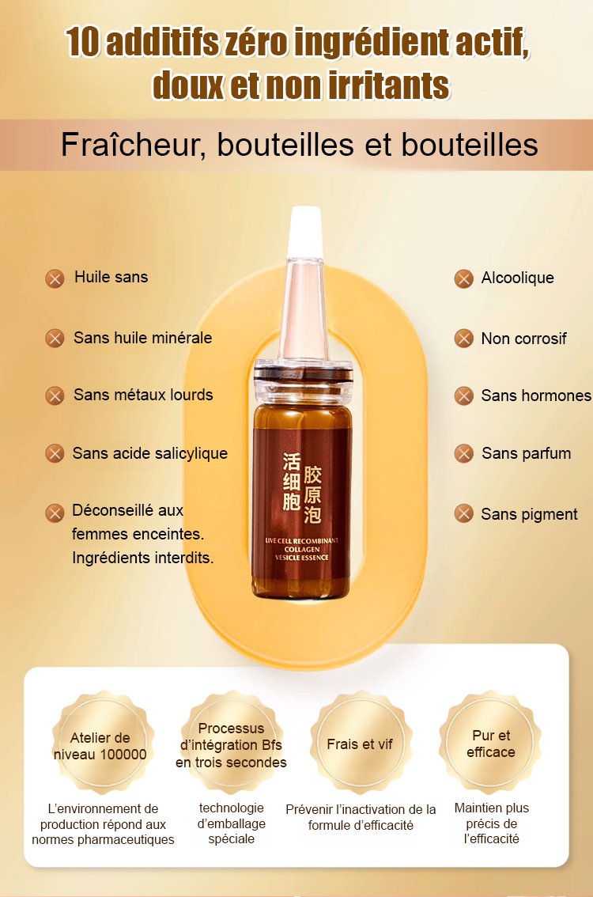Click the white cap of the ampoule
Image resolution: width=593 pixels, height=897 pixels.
coord(305,232)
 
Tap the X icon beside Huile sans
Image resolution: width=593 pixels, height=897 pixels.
coord(55,279)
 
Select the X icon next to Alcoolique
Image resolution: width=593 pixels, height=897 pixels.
coord(464,279)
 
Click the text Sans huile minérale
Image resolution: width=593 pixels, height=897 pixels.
coord(143,338)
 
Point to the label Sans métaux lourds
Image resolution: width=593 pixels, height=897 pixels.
coord(143,395)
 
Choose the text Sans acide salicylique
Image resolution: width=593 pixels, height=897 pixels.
coord(149,454)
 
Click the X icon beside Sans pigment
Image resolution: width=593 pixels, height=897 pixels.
coord(464,513)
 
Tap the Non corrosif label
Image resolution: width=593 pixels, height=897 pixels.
coord(523,339)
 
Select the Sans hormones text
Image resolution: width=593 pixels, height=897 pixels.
coord(536,396)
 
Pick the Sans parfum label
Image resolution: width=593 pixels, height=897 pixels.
coord(526,454)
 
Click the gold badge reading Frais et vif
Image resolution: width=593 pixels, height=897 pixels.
coord(361,743)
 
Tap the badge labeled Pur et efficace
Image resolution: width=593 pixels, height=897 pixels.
coord(491,743)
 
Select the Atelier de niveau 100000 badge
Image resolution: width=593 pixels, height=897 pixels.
coord(101,743)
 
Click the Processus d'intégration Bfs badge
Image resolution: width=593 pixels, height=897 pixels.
coord(231,743)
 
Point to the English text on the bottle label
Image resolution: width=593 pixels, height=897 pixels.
coord(302,549)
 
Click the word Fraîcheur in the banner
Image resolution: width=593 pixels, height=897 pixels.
coord(133,145)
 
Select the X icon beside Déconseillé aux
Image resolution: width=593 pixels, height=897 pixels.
coord(55,513)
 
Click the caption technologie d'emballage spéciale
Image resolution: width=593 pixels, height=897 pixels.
coord(231,823)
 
